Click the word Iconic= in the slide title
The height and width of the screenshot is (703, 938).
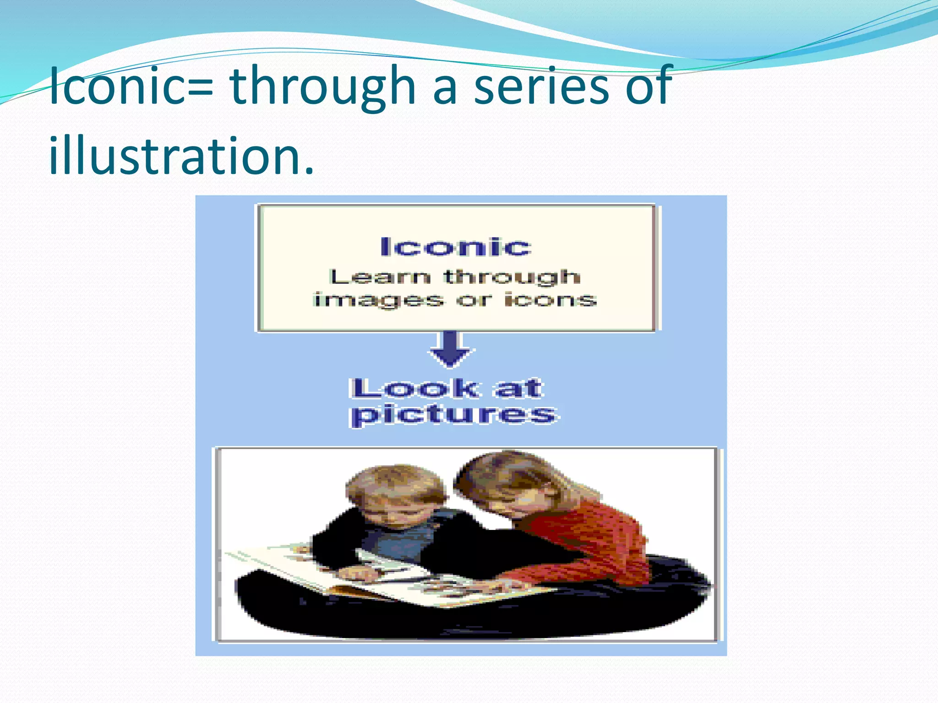(x=131, y=86)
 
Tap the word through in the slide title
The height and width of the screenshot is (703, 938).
(x=322, y=87)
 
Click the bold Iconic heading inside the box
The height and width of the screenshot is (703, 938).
(x=456, y=247)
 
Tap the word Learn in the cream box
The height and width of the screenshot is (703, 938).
(x=380, y=276)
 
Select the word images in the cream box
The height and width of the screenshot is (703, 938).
(x=378, y=301)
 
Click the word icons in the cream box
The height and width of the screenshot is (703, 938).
(x=550, y=300)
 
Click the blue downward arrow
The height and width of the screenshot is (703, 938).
(x=451, y=350)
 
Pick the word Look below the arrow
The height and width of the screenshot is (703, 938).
(x=415, y=389)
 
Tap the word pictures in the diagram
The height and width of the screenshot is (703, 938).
(x=453, y=415)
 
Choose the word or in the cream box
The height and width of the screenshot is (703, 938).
(x=474, y=300)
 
